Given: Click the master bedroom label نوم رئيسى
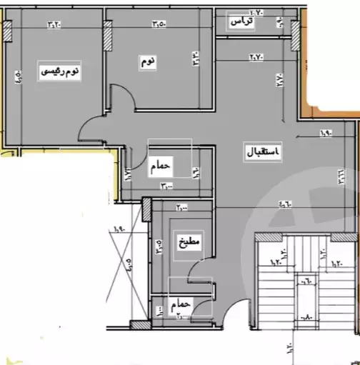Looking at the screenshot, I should coord(58,71).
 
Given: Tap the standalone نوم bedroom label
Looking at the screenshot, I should coord(147,62).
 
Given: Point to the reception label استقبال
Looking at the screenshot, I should coord(262,152).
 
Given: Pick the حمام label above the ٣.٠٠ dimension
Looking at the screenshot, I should coord(161,166).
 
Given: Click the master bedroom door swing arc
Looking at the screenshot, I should coord(91,126).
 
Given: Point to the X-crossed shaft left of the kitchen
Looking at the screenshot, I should coord(124,264).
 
